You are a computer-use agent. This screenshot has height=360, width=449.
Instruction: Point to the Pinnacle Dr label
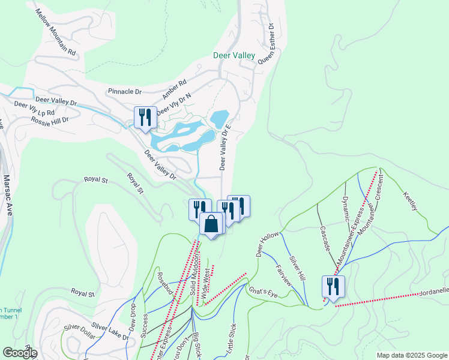(124, 92)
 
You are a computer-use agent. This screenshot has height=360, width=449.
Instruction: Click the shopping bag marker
(211, 226)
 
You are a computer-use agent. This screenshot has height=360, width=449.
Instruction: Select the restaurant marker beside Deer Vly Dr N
(144, 118)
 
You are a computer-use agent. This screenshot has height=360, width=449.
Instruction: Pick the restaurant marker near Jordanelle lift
(333, 287)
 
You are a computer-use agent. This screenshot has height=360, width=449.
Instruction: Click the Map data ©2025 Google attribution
(412, 355)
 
